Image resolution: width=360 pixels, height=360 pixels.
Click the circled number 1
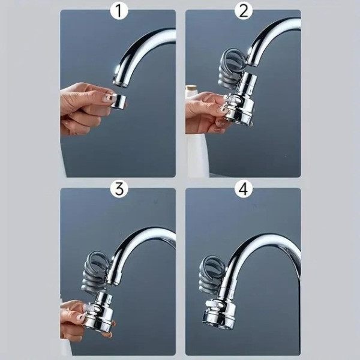click(x=119, y=11)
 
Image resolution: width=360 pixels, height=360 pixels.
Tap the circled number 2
click(x=244, y=11)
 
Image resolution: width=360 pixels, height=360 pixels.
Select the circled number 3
click(x=119, y=189)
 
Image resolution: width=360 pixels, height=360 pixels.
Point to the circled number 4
click(x=244, y=189)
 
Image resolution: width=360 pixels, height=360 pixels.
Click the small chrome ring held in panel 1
click(x=118, y=101)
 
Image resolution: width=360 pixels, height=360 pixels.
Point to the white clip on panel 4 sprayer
click(x=215, y=304)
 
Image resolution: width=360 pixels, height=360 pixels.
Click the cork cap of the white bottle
click(x=192, y=88)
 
